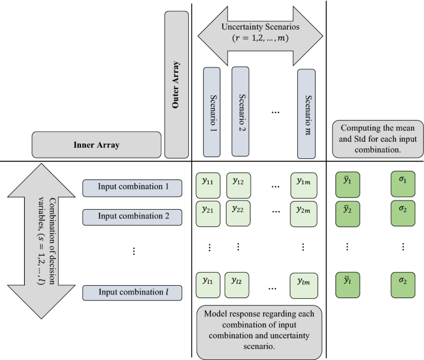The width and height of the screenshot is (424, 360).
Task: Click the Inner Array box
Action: (96, 145)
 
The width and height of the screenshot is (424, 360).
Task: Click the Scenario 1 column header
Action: (212, 112)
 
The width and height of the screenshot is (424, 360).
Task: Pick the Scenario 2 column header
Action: (240, 111)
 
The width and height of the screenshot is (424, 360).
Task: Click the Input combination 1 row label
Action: (132, 187)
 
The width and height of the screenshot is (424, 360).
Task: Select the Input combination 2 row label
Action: (132, 216)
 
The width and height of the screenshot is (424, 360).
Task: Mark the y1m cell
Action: (303, 184)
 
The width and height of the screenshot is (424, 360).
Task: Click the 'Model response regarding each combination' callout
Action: (259, 330)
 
